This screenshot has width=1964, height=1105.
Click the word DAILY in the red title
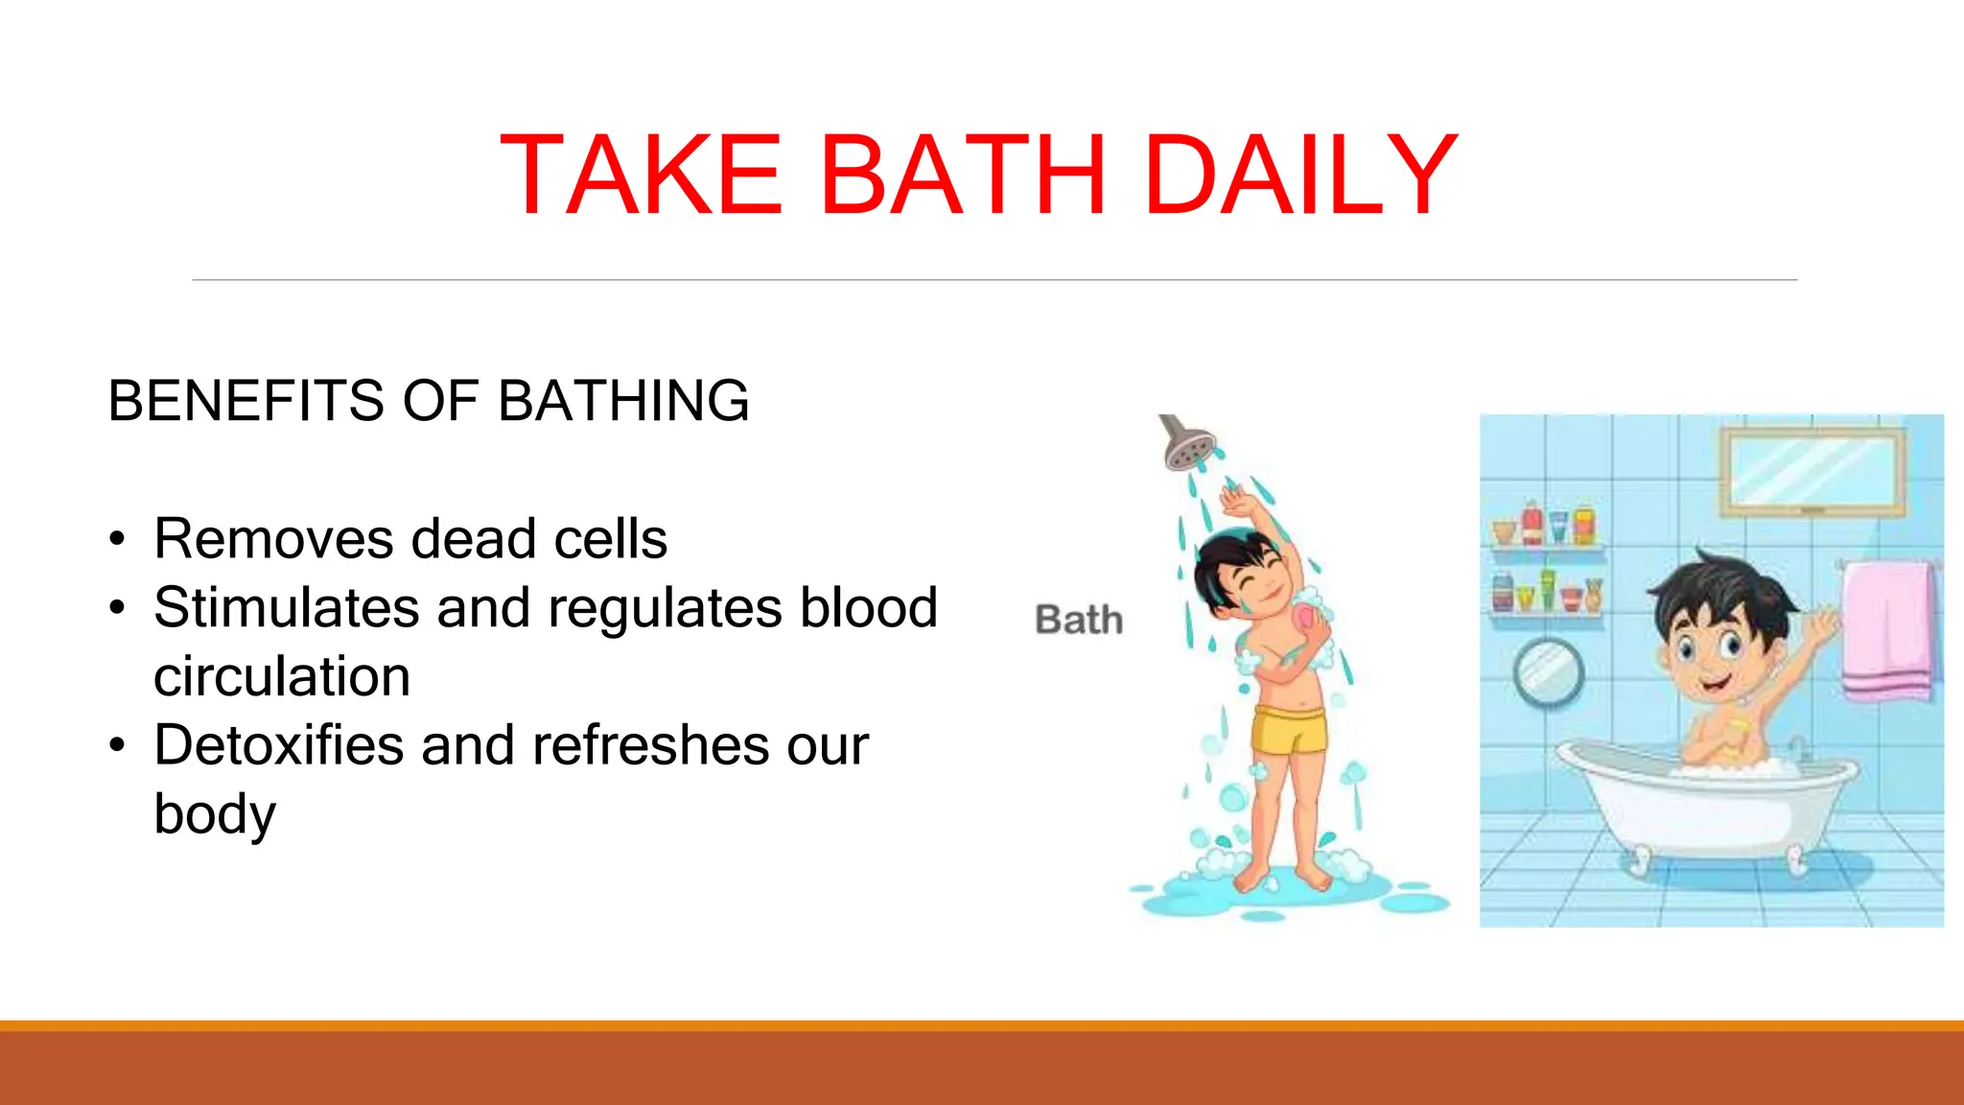pos(1300,175)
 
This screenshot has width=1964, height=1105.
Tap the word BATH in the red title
pos(963,175)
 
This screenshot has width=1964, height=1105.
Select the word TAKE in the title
pos(641,175)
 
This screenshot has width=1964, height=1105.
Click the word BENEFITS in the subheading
pos(245,401)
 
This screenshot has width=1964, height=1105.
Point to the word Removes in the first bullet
pos(273,539)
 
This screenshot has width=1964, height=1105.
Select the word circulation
pos(282,677)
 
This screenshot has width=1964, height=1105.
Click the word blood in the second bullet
pos(869,608)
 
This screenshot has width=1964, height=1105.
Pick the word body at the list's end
pos(215,814)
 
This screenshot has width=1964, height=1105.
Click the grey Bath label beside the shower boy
pos(1079,620)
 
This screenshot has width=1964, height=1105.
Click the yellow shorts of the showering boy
pos(1290,731)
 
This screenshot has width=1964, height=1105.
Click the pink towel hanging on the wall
pos(1887,629)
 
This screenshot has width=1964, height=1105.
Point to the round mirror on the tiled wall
pos(1548,672)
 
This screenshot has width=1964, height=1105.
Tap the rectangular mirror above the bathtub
pos(1813,470)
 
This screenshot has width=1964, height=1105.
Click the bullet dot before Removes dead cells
pos(117,539)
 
